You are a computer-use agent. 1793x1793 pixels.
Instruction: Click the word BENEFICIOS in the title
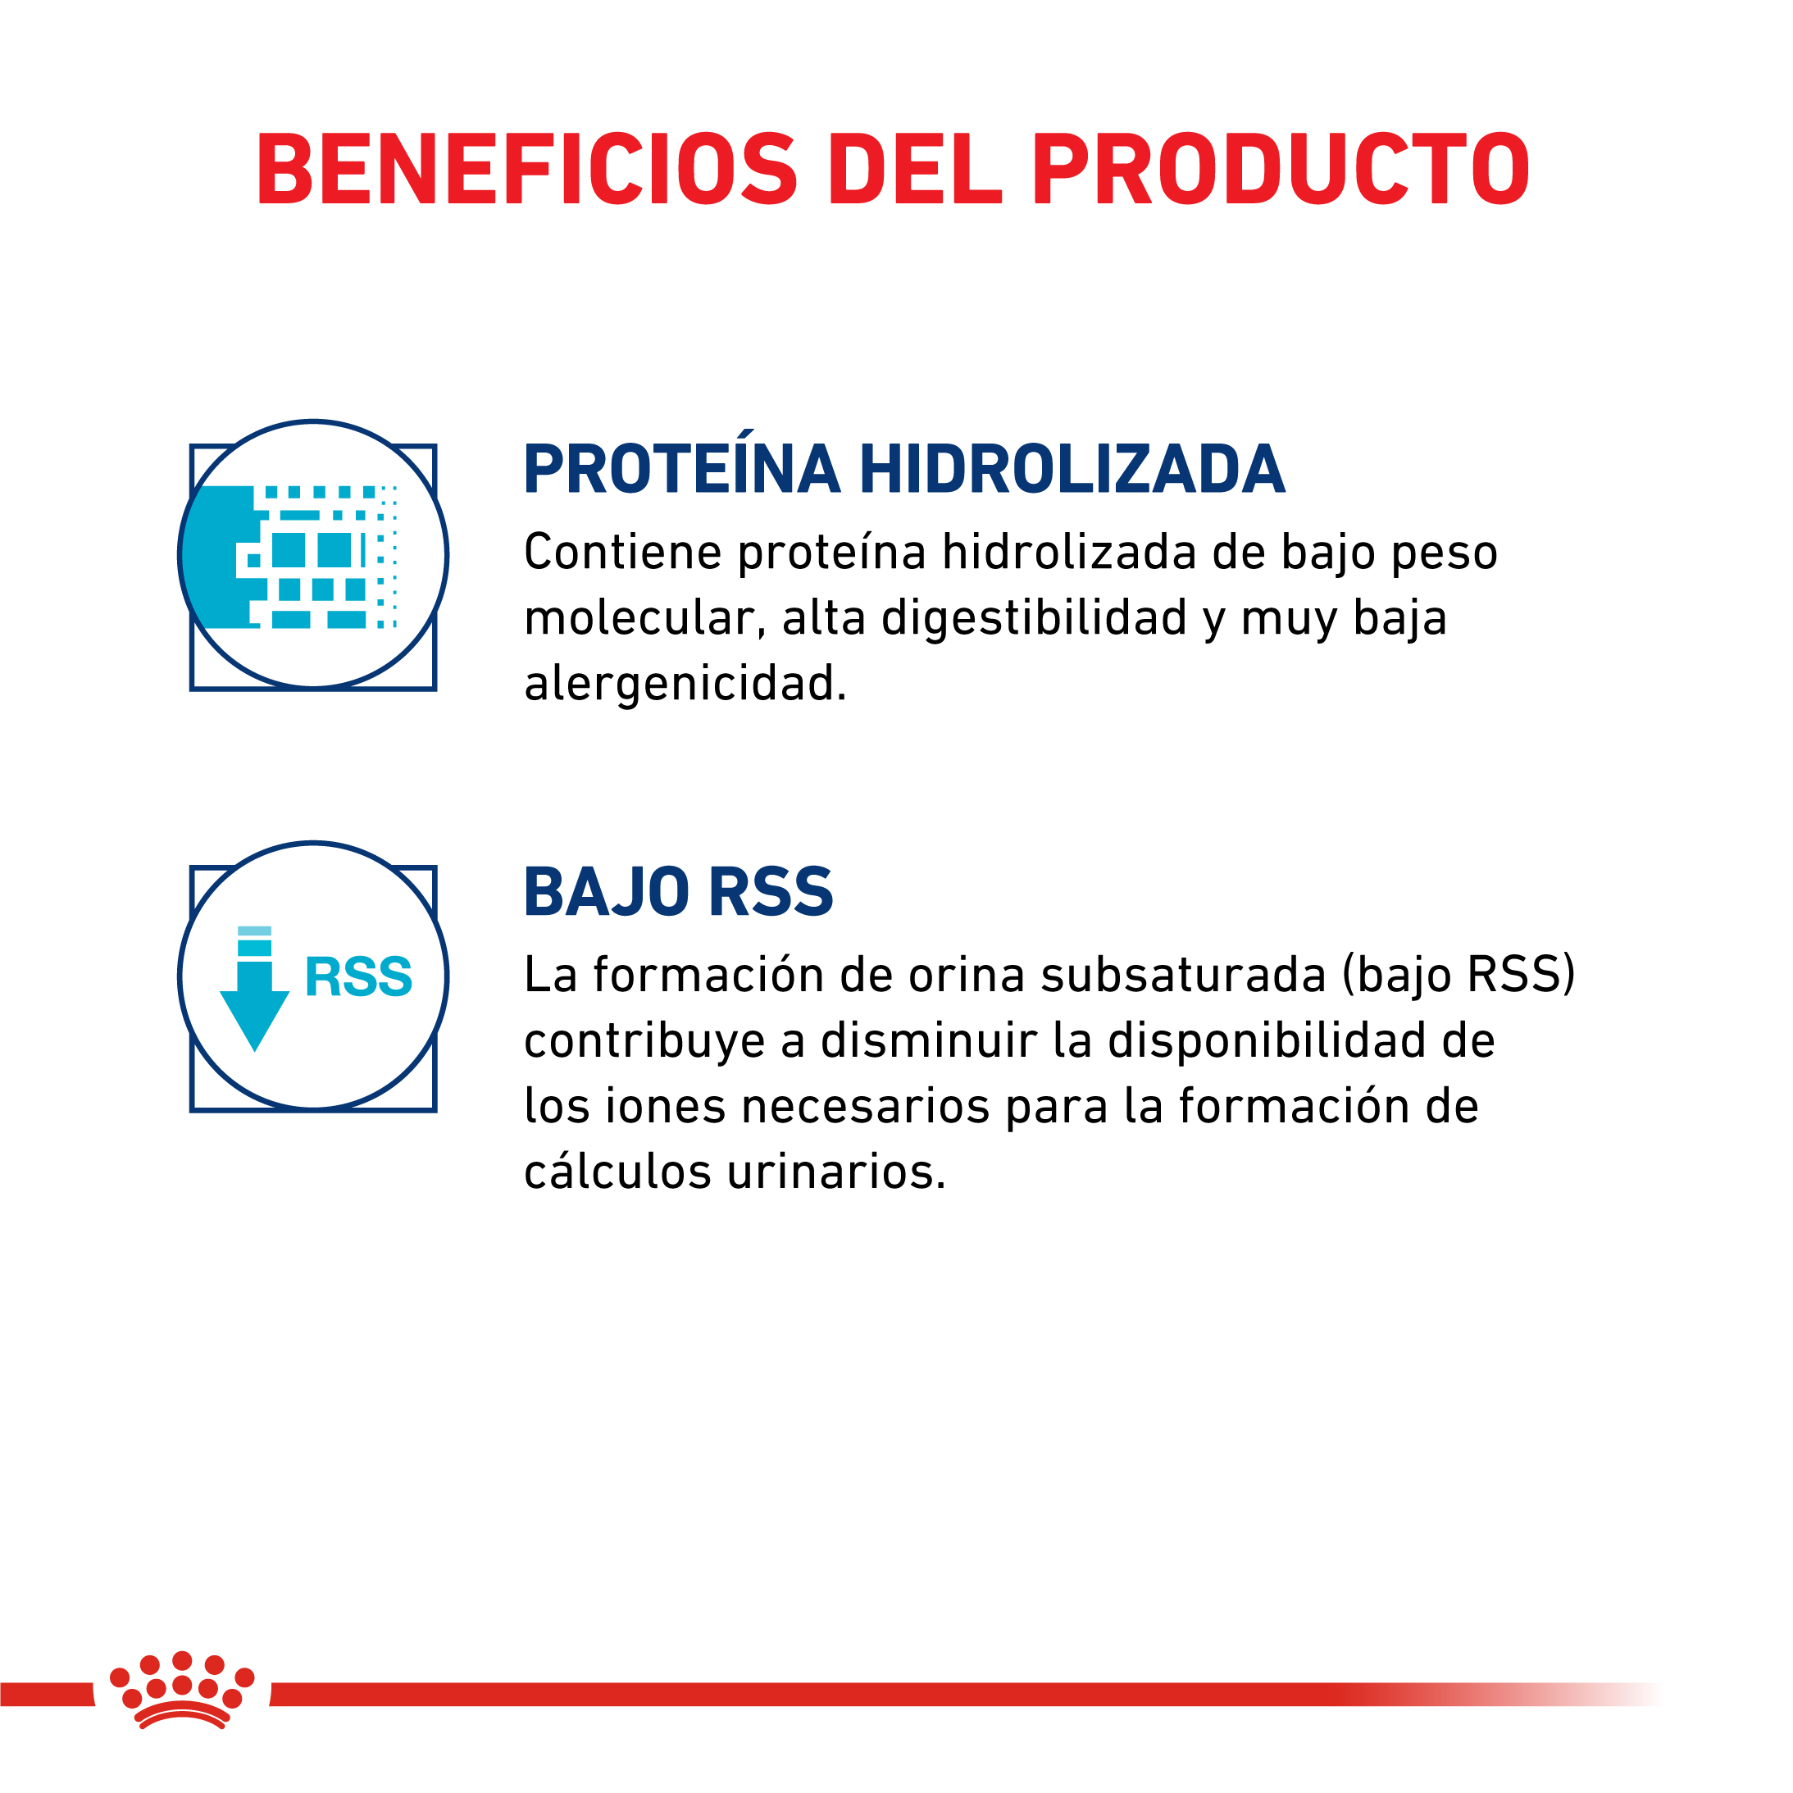point(526,170)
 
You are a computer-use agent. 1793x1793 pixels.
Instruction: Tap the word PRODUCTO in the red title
point(1281,170)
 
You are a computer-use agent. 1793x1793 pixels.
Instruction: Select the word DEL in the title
point(915,170)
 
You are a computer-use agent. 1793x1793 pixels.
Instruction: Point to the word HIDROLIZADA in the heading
point(1072,470)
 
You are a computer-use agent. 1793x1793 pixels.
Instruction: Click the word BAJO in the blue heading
point(606,893)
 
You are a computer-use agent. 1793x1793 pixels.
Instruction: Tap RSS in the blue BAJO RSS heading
point(771,892)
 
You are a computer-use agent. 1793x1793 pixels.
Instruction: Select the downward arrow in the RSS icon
point(254,989)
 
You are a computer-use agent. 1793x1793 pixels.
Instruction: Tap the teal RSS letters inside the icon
point(358,977)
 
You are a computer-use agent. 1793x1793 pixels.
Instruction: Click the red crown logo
point(182,1690)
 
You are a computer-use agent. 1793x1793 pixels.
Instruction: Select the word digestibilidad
point(1034,618)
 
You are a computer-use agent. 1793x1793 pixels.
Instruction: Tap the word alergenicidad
point(685,684)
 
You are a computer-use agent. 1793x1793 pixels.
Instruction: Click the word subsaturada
point(1183,976)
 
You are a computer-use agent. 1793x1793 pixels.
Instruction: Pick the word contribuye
point(645,1041)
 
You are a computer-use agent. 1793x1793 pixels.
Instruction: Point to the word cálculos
point(617,1172)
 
